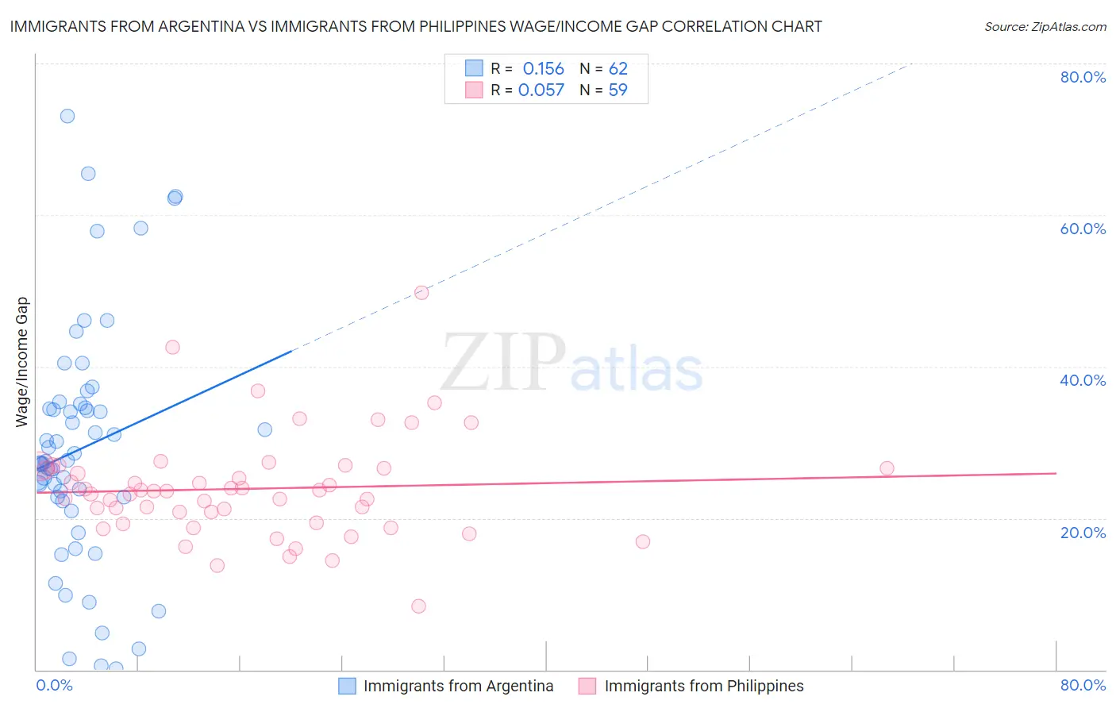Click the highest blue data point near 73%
click(x=67, y=116)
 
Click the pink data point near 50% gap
click(x=421, y=293)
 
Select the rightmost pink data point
click(x=887, y=468)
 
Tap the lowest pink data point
click(x=418, y=606)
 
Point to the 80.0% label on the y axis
click(x=1083, y=77)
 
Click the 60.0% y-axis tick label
click(x=1083, y=229)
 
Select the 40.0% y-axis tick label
click(x=1083, y=380)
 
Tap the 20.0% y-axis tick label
click(x=1083, y=532)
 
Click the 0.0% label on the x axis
click(x=54, y=685)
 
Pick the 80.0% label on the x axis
click(x=1083, y=685)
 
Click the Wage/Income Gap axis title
click(x=22, y=362)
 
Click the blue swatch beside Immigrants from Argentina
click(x=347, y=686)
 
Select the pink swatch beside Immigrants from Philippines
click(x=587, y=686)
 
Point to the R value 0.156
click(x=543, y=69)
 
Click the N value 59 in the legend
click(x=618, y=90)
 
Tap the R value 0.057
click(x=541, y=90)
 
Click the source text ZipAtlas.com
click(x=1045, y=27)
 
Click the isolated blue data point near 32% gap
click(x=265, y=429)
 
